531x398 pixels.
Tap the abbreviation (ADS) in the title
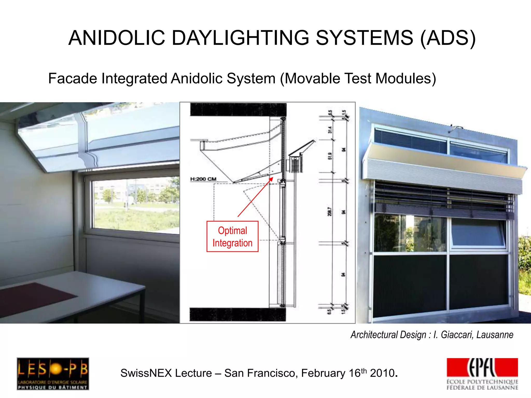[x=448, y=38]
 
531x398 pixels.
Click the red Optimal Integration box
[x=232, y=236]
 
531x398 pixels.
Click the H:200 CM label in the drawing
[x=203, y=179]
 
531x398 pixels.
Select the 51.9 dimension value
[x=330, y=156]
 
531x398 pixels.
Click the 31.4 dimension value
[x=330, y=130]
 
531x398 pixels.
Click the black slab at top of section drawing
[x=238, y=109]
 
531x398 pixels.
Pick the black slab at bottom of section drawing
[x=237, y=315]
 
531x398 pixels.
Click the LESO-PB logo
[x=53, y=373]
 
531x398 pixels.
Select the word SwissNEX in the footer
[x=146, y=373]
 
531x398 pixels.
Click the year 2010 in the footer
[x=382, y=373]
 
